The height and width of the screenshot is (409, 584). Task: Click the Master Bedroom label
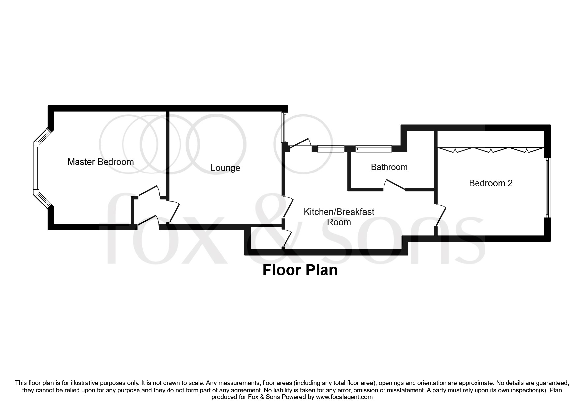coord(100,162)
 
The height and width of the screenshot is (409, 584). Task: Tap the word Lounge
coord(225,168)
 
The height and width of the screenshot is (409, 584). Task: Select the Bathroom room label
coord(389,167)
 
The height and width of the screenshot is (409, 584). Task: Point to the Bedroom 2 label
coord(490,183)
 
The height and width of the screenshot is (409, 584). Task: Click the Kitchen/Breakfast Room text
coord(339,217)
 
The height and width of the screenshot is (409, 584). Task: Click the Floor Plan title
coord(300,270)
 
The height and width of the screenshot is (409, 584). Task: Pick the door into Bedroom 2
coord(441,215)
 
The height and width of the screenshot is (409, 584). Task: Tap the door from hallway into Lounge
coord(174,211)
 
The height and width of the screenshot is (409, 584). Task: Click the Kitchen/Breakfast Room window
coord(331,149)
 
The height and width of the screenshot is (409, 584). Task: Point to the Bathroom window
coord(374,149)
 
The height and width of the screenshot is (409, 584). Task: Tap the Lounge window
coord(284,128)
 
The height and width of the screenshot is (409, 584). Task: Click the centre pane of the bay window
coord(36,168)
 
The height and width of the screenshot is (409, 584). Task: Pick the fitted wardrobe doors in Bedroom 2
coord(490,149)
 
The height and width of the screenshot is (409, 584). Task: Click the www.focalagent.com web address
coord(344,397)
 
